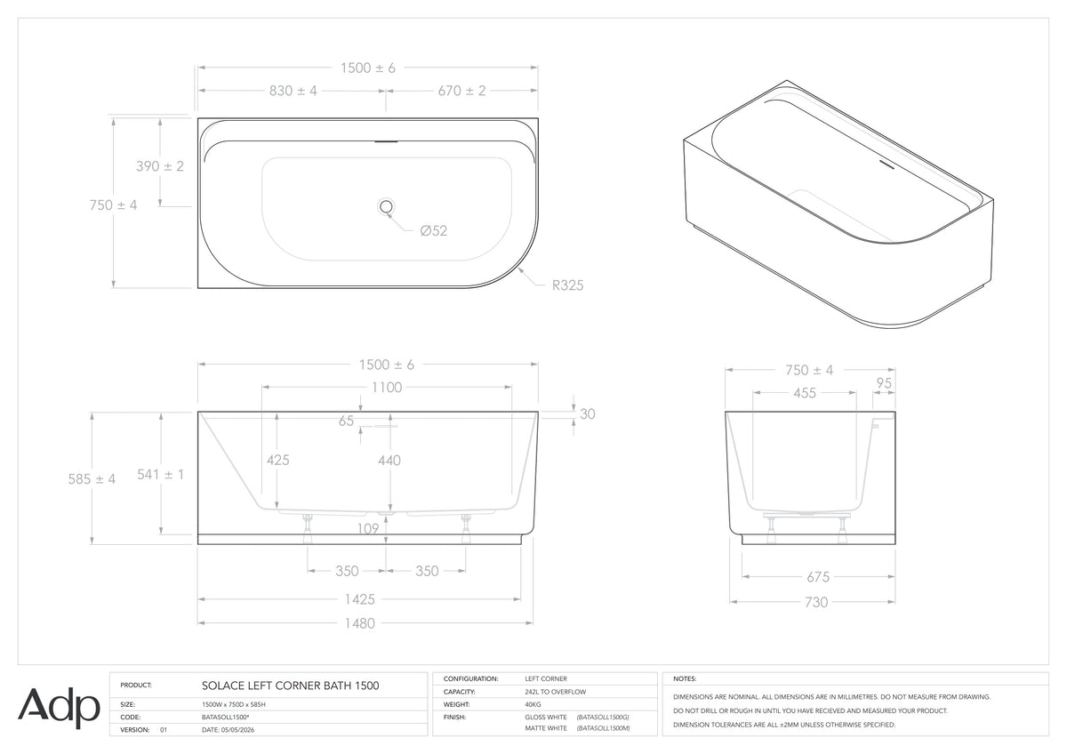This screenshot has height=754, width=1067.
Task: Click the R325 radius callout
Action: coord(567,285)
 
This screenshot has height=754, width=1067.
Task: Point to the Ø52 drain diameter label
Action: coord(434,231)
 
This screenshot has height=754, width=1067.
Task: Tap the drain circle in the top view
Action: coord(386,206)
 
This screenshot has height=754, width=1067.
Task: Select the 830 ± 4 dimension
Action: coord(293,91)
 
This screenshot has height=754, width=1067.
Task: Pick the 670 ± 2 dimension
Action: coord(462,91)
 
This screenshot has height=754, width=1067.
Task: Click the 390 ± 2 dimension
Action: coord(160,166)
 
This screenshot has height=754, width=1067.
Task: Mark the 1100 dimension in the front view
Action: coord(387,388)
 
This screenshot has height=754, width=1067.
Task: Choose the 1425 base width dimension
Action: coord(359,599)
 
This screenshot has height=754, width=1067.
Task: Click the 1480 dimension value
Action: coord(359,623)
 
